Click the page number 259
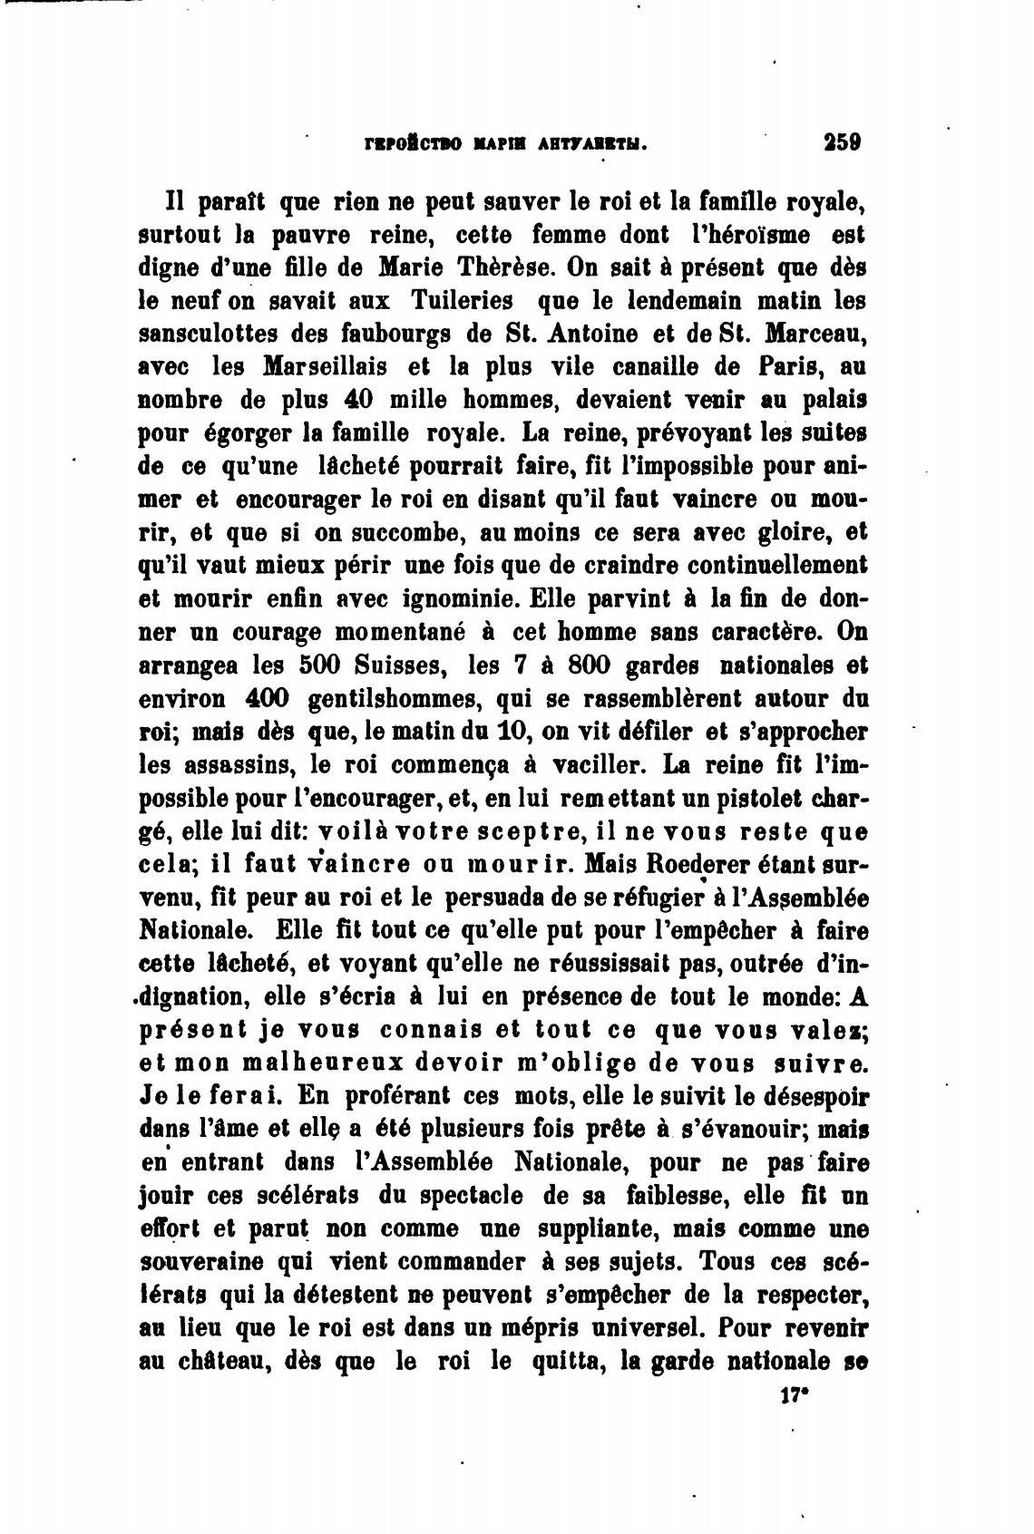(x=842, y=142)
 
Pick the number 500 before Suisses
(x=319, y=665)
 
